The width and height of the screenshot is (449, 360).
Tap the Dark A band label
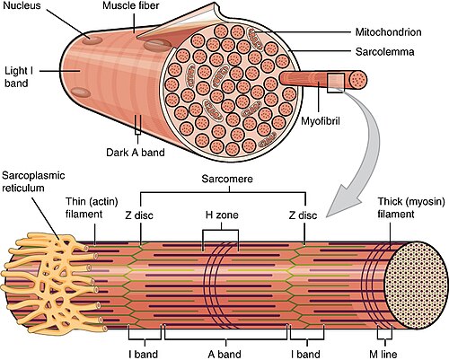pos(135,152)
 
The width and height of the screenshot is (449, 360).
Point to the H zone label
pos(221,215)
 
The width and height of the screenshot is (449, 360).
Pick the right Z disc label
pos(305,215)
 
